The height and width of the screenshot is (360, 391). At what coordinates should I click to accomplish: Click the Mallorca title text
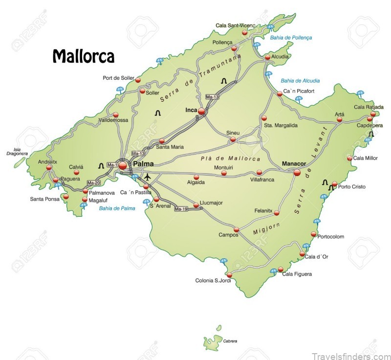83,56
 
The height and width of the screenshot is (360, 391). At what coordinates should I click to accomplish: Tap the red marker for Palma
123,166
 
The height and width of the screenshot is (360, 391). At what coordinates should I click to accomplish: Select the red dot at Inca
201,112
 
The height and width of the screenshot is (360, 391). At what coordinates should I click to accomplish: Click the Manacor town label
294,163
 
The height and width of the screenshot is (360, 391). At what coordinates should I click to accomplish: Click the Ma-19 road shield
181,209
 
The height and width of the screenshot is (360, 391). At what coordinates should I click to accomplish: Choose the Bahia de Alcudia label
300,81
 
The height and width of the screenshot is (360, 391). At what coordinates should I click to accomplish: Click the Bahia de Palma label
117,208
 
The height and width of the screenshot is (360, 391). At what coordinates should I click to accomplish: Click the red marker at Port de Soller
138,80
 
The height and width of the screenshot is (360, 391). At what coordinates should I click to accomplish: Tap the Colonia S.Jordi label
213,281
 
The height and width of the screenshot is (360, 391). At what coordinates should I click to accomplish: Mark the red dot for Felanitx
276,213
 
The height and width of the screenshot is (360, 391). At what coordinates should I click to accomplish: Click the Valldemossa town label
113,120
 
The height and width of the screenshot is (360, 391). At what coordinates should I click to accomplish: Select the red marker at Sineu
233,139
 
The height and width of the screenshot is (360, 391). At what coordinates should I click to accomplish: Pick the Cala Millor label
365,158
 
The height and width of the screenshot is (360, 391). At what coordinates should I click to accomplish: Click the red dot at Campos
237,229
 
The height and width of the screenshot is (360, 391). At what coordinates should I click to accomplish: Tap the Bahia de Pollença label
291,37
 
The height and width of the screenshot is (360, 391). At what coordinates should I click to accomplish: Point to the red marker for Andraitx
49,167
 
